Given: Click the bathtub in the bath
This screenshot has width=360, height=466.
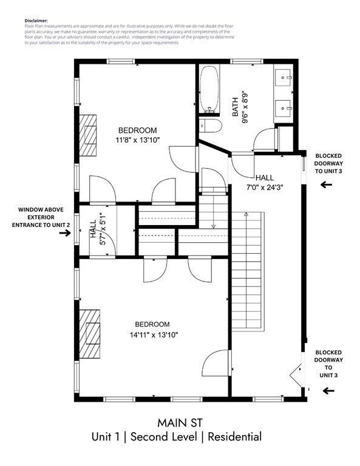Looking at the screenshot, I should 210,90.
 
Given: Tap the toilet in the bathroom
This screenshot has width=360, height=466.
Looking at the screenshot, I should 208,127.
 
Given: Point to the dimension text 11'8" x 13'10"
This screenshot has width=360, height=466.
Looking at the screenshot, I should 137,140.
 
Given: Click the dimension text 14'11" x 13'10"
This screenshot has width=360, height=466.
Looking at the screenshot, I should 153,334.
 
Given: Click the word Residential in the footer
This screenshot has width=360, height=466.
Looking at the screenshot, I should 235,437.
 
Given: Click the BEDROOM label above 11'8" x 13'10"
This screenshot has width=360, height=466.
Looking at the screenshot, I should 137,130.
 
